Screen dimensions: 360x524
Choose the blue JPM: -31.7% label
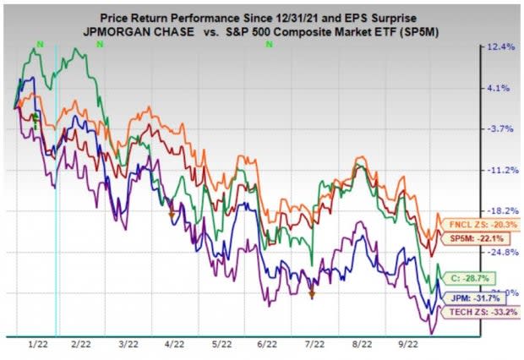pos(467,298)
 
